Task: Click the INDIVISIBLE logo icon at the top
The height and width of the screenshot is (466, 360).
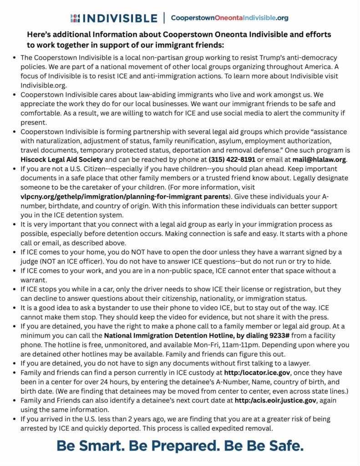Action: click(x=76, y=18)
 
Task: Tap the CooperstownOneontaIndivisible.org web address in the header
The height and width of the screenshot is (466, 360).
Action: click(x=229, y=18)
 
